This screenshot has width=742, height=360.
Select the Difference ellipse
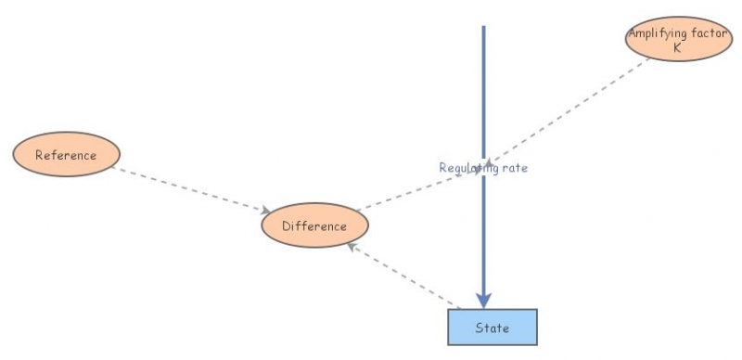315,225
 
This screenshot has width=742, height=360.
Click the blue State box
492,328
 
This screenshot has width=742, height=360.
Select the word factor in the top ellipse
704,33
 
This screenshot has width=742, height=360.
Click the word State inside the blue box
492,328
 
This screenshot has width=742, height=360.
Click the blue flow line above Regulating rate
483,93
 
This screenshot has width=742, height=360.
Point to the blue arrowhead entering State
483,300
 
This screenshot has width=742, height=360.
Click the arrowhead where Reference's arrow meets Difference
266,212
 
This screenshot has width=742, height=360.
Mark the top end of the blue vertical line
483,28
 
